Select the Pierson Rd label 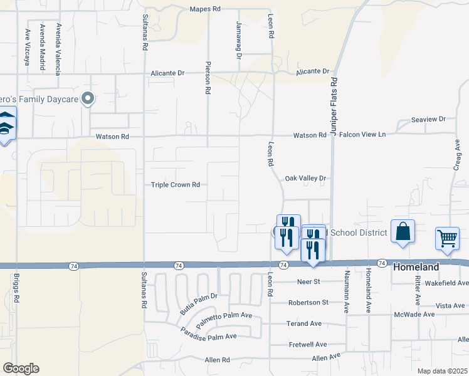207,78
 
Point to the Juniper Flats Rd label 334,107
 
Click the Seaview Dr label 428,119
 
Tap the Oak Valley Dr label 306,178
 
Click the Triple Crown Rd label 175,185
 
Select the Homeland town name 416,267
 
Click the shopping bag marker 403,231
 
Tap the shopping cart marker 447,238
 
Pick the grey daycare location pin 88,98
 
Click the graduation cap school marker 6,125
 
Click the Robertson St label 308,302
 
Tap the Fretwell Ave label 308,344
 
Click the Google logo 21,368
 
